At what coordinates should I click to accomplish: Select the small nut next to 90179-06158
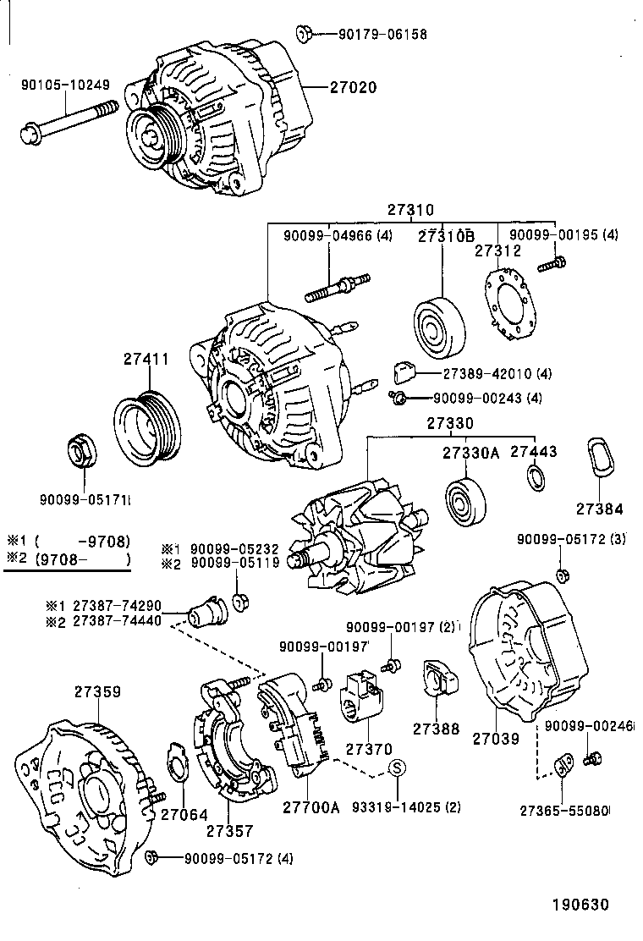point(305,34)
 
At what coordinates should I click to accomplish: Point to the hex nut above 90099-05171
point(81,454)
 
